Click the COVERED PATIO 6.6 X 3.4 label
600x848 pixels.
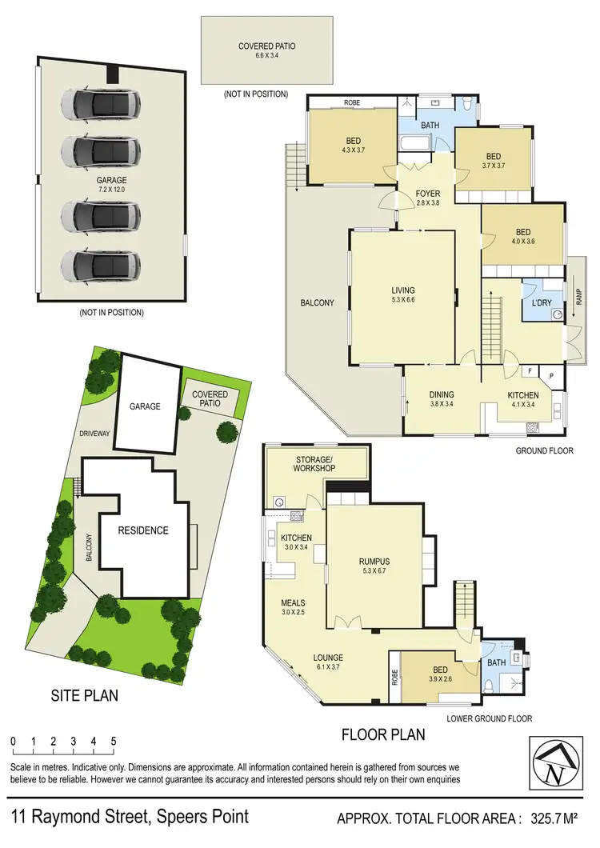pyautogui.click(x=266, y=51)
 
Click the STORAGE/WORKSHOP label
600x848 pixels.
pyautogui.click(x=314, y=462)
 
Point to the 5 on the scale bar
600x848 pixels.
pyautogui.click(x=114, y=740)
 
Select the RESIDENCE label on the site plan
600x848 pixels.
pyautogui.click(x=143, y=530)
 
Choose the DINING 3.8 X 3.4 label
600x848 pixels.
pyautogui.click(x=442, y=399)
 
